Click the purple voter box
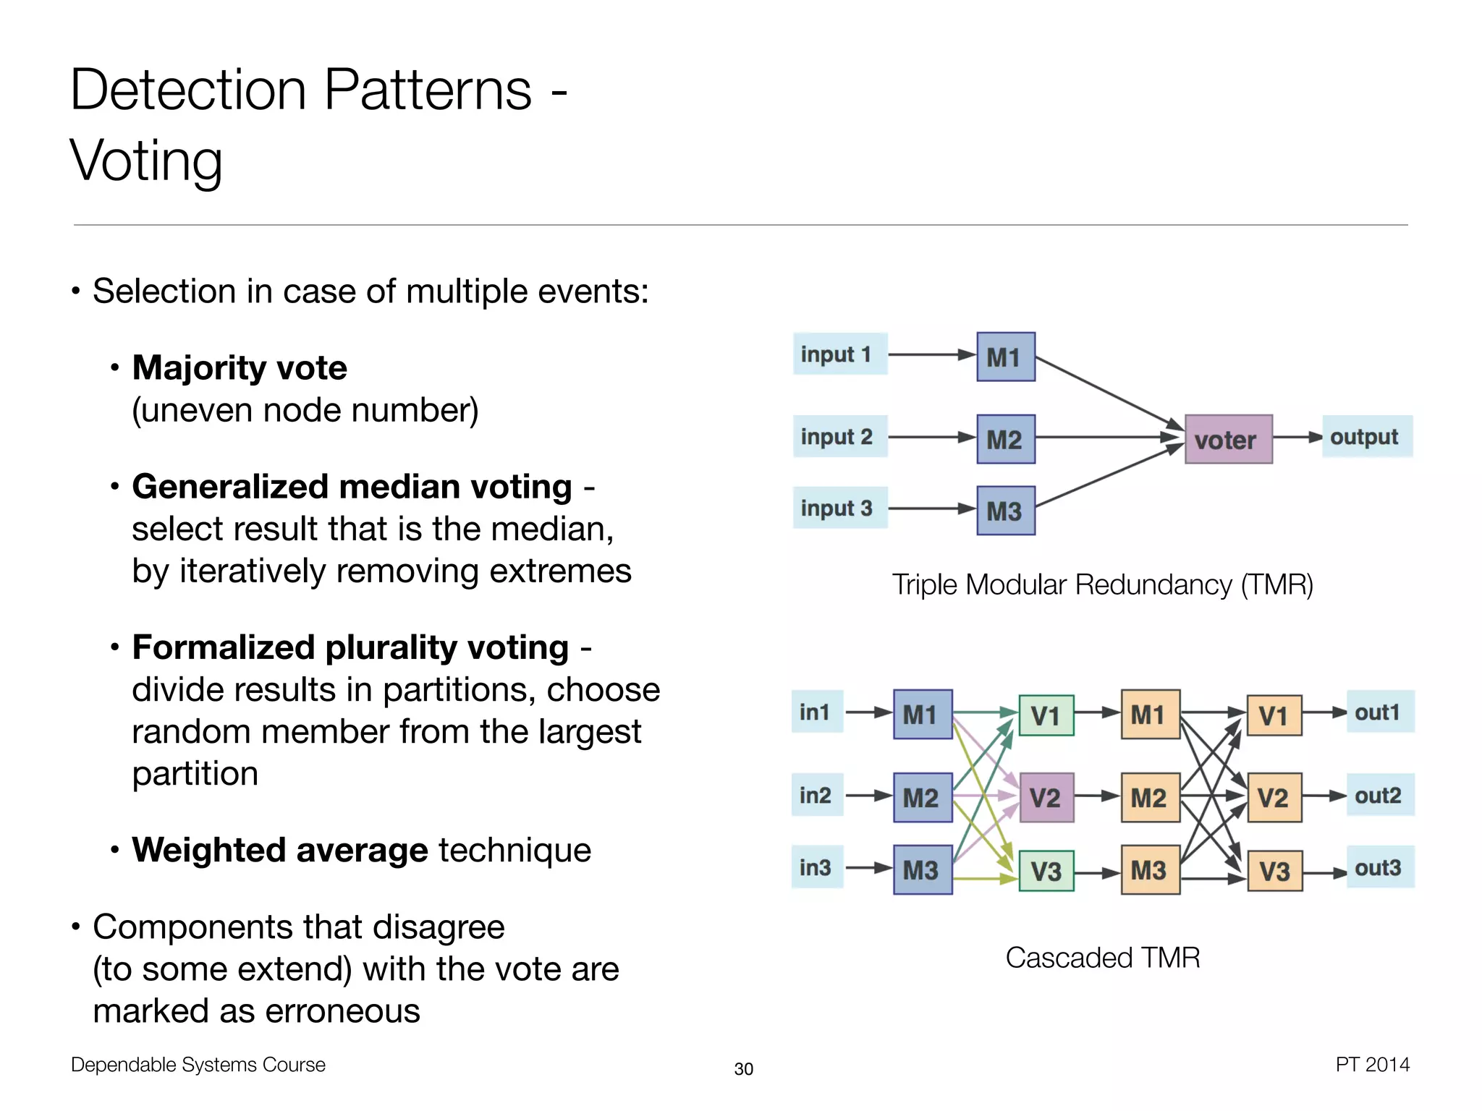tap(1228, 439)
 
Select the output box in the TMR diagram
tap(1366, 436)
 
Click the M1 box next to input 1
tap(1005, 357)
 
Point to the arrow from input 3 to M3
tap(931, 508)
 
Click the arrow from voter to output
tap(1297, 437)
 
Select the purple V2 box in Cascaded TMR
tap(1046, 797)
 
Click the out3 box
tap(1379, 867)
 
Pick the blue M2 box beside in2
tap(922, 797)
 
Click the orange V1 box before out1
tap(1274, 715)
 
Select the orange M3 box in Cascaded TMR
tap(1150, 869)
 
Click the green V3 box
tap(1046, 871)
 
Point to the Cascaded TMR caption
tap(1102, 958)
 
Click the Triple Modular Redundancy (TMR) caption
tap(1102, 584)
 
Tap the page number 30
tap(743, 1068)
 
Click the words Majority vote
tap(240, 367)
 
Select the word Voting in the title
tap(146, 161)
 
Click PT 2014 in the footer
tap(1372, 1064)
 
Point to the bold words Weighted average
tap(280, 850)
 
